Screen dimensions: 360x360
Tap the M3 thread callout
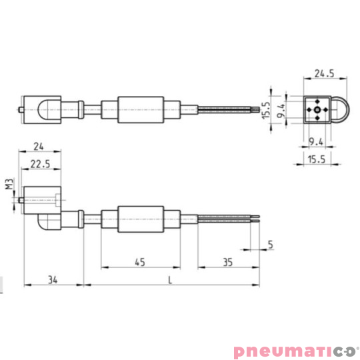(x=9, y=185)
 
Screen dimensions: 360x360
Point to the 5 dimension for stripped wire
(x=270, y=244)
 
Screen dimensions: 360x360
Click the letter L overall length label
(x=170, y=280)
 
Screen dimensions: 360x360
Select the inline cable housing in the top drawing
(x=141, y=109)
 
